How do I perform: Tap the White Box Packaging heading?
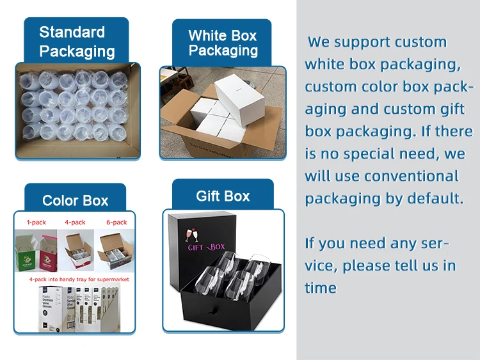pos(223,43)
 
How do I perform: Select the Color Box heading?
pos(75,201)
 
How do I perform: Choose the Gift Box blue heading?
pos(223,196)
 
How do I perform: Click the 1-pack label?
pos(36,223)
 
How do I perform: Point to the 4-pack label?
pos(75,223)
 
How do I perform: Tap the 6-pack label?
pos(116,223)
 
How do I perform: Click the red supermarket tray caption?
pos(74,280)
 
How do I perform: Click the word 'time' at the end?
pos(321,288)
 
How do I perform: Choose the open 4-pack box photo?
pos(76,249)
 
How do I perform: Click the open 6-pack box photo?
pos(116,249)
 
